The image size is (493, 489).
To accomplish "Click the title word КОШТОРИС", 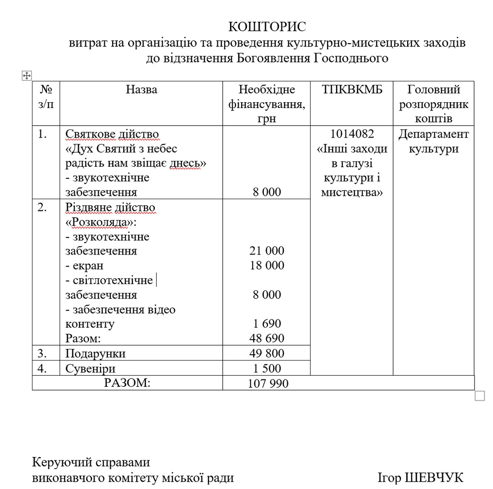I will (267, 27).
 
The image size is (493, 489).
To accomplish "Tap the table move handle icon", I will (26, 76).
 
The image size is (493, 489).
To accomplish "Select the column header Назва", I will (141, 90).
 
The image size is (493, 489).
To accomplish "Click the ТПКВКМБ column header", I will (352, 90).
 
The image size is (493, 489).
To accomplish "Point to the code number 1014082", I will (352, 134).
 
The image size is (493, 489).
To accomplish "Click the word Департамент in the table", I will (433, 134).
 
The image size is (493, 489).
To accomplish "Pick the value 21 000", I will (267, 251).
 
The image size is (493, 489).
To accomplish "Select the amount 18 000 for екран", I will (267, 265).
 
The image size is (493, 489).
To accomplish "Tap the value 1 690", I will (267, 324).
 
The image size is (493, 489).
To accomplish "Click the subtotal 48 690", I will (267, 338).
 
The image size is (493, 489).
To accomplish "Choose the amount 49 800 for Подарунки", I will (267, 353).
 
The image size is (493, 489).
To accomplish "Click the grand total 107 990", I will (268, 383).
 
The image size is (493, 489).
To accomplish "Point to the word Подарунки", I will (95, 354).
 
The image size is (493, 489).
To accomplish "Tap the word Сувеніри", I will (90, 369).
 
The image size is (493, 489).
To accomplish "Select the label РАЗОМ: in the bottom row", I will (127, 383).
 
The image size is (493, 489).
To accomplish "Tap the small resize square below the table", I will (479, 395).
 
